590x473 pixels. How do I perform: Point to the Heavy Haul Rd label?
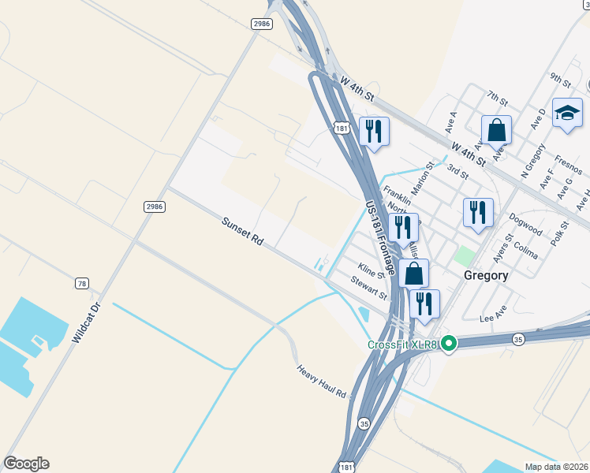(x=322, y=382)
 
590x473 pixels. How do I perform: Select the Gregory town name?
(x=486, y=276)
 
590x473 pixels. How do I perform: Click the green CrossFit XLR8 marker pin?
(x=449, y=344)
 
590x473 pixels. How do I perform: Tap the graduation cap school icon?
(x=567, y=114)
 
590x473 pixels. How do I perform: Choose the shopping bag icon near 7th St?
(x=497, y=130)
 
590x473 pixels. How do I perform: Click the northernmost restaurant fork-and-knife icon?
(x=374, y=131)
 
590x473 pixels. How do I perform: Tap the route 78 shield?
(x=82, y=283)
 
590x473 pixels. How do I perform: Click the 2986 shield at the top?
(x=262, y=24)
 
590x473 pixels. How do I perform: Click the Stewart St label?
(x=369, y=289)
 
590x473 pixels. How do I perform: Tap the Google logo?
(x=27, y=464)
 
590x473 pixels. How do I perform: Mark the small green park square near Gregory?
(x=465, y=255)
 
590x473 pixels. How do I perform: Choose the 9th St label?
(x=561, y=79)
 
